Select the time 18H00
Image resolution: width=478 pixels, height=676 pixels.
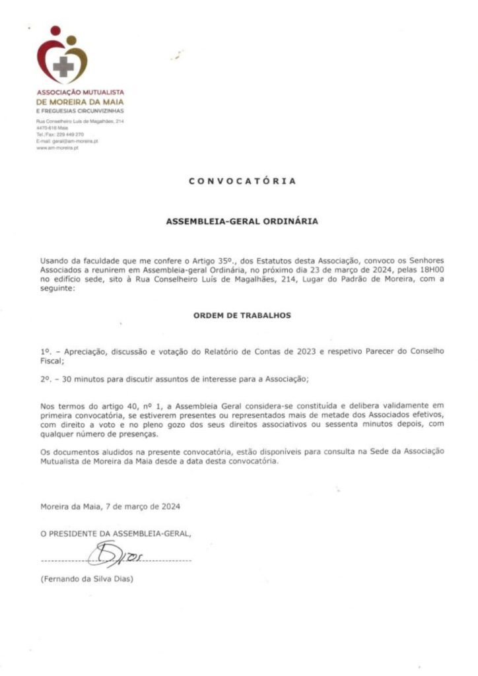(432, 270)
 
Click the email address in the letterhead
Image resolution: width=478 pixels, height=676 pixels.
(67, 141)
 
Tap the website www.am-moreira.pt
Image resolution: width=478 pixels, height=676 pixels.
(57, 148)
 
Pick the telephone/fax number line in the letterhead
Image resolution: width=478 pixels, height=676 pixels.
(60, 135)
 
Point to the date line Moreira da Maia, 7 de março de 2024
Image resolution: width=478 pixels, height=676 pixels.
(110, 507)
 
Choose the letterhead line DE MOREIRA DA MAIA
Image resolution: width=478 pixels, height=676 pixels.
(80, 102)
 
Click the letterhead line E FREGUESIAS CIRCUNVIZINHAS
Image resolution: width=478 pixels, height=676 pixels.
(80, 111)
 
